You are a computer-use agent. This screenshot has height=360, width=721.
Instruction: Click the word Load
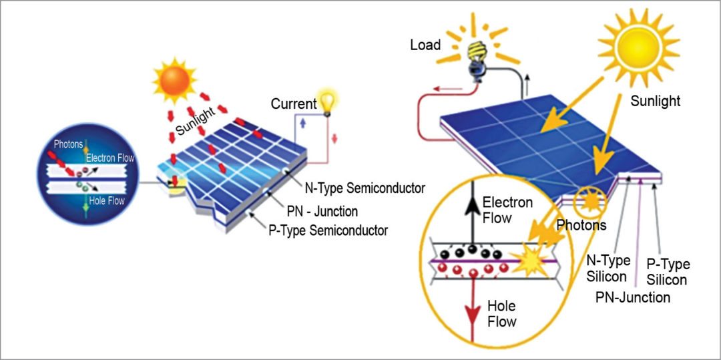425,45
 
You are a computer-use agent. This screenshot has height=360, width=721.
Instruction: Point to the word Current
293,104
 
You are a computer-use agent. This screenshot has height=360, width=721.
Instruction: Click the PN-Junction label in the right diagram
632,297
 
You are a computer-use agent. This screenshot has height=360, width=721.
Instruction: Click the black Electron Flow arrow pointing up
472,214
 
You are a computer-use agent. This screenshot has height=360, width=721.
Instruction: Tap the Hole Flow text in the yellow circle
501,314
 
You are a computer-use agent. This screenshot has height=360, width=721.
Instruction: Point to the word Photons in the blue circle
69,144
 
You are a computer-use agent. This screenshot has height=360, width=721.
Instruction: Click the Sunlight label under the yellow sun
655,101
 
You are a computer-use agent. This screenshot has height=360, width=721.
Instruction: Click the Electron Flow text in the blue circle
110,158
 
